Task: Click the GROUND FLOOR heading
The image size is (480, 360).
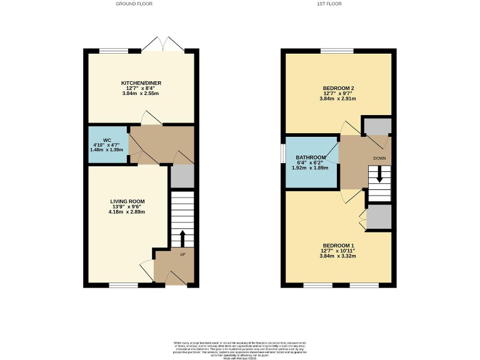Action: tap(134, 4)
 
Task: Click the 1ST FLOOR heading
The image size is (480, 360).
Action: tap(338, 4)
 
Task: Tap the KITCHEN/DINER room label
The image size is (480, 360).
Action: tap(139, 82)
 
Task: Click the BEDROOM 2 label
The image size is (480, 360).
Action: tap(338, 88)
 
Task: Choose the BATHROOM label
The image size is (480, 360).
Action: tap(311, 157)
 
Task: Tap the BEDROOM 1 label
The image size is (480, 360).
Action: tap(338, 245)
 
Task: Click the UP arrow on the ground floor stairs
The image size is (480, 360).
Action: tap(182, 239)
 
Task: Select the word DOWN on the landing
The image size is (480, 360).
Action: tap(379, 159)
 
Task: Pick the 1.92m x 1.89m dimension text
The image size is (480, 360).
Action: tap(311, 167)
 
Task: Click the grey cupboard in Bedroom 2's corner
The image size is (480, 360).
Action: tap(377, 126)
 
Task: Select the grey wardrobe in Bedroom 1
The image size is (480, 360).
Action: tap(379, 217)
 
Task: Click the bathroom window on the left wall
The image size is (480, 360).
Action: tap(282, 152)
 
